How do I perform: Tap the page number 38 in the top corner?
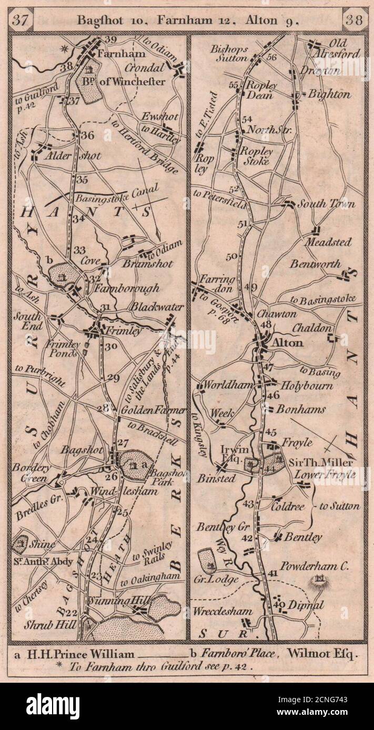click(355, 20)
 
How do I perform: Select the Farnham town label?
click(113, 54)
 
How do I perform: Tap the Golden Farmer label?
click(153, 410)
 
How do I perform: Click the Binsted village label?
click(216, 478)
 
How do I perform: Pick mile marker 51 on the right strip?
click(242, 224)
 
